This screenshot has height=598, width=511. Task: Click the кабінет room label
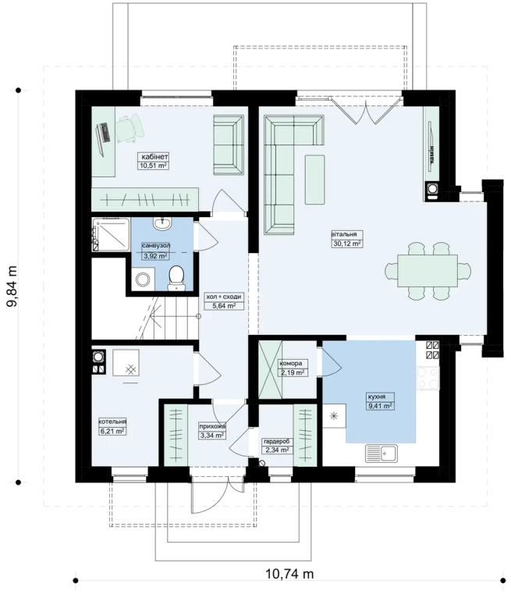pos(154,157)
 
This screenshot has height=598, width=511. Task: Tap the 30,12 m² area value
pos(346,244)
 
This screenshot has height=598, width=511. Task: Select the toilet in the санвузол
pos(176,278)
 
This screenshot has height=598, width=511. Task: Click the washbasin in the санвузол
pos(163,223)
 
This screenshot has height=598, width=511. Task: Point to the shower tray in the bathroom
pos(111,234)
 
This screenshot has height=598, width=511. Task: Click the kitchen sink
pos(381,454)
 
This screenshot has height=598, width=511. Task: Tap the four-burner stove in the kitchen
pos(428,378)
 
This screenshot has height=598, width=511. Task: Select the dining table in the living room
pos(428,270)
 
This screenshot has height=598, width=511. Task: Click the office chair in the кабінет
pos(130,129)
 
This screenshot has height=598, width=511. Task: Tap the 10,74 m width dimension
pos(289,573)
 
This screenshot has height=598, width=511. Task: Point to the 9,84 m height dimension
pos(12,286)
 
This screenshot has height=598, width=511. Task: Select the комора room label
pos(290,364)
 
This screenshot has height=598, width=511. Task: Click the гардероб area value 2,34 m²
pos(276,450)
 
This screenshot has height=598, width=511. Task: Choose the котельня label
pos(112,422)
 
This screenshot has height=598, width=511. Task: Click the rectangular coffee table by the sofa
pos(314,180)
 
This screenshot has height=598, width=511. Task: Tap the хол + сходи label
pos(223,297)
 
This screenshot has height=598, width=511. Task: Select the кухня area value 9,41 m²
pos(379,406)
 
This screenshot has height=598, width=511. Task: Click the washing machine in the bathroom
pos(143,279)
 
